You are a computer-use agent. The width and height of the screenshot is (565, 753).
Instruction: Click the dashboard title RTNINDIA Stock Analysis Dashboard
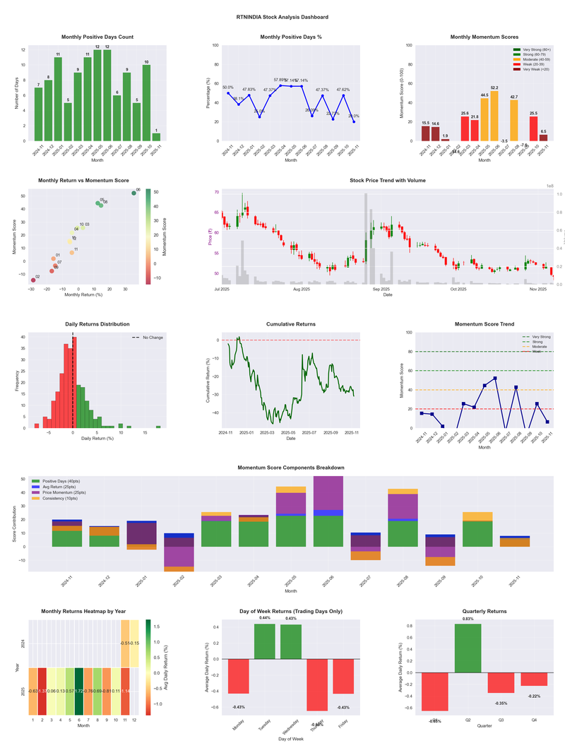coord(282,17)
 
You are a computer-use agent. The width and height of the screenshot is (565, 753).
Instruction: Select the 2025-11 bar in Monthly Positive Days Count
coord(156,136)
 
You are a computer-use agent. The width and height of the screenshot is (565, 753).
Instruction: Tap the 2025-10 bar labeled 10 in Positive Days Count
coord(146,102)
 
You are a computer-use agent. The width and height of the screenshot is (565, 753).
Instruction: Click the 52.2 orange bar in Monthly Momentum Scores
coord(494,116)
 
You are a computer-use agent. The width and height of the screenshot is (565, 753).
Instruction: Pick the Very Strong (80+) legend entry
coord(532,49)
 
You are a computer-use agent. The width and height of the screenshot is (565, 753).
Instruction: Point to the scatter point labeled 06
coord(133,193)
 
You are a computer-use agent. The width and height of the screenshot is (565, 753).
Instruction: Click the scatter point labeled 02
coord(32,280)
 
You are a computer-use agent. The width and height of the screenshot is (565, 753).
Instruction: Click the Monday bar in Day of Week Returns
coord(239,675)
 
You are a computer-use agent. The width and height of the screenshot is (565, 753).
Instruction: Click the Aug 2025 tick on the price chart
coord(302,289)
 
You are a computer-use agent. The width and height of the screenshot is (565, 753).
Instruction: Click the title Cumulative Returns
coord(291,324)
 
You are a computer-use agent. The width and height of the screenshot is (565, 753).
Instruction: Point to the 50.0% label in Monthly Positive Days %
coord(228,88)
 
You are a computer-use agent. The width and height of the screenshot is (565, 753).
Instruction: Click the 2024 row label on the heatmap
coord(23,644)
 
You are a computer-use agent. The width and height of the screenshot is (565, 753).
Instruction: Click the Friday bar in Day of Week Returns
coord(343,676)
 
